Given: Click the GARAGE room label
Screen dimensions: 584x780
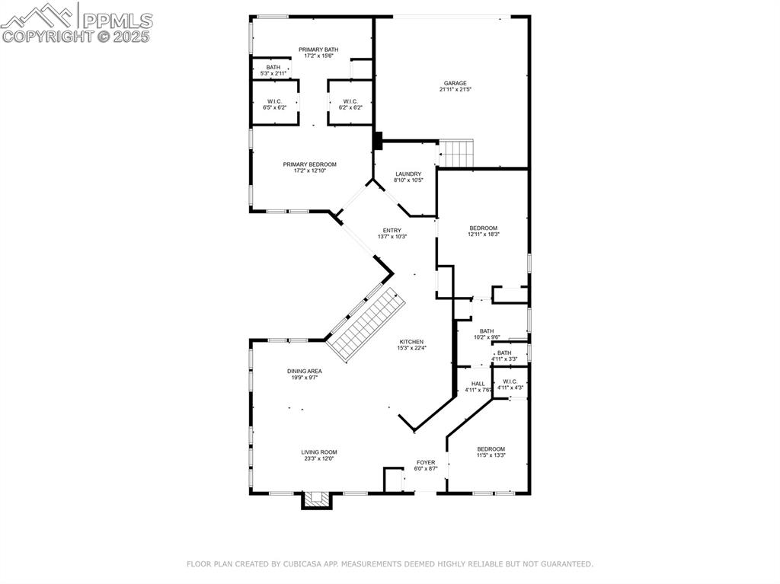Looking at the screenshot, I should point(456,84).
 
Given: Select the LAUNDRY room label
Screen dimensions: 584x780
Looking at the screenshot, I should point(408,174).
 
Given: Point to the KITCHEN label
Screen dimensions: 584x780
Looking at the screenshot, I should point(411,342).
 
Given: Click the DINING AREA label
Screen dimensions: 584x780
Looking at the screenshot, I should point(304,371).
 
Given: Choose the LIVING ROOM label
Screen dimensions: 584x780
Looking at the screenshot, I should point(318,452).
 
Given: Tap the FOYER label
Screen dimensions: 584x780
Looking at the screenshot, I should point(425,462).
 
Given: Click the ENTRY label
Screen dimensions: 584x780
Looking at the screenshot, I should point(392,230).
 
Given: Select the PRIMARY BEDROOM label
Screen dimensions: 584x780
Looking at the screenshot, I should point(309,164).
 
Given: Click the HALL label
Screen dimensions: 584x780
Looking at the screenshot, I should point(478,384).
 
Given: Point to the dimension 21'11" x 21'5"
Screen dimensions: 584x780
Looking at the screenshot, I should point(456,90).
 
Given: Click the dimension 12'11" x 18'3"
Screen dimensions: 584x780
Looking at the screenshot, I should point(484,235).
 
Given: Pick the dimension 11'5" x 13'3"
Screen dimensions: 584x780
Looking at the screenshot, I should point(491,455).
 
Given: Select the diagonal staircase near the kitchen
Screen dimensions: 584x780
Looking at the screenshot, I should point(365,324).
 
